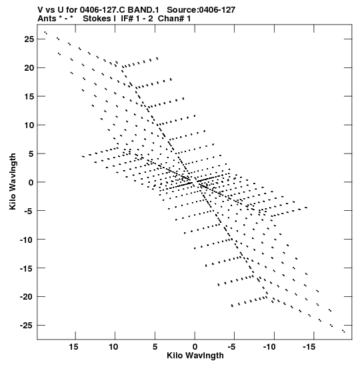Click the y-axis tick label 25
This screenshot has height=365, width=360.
click(29, 39)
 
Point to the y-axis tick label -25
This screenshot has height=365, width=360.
click(27, 326)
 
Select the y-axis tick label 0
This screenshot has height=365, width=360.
click(31, 182)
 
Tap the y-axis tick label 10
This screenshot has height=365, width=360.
click(29, 125)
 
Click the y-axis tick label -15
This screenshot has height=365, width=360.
click(27, 268)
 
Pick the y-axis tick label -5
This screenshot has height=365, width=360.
click(29, 211)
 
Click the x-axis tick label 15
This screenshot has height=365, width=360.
click(74, 347)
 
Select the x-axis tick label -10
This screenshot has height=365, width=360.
click(269, 347)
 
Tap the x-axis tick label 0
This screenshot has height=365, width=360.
click(195, 347)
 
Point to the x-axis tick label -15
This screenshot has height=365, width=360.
click(309, 347)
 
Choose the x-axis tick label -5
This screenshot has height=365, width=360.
click(231, 347)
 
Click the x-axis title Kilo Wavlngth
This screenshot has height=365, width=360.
click(195, 356)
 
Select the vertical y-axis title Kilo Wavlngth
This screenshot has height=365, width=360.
click(13, 181)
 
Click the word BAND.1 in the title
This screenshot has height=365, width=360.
click(143, 10)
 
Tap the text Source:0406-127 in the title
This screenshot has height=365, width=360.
click(201, 10)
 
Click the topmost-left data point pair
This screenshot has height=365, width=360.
click(46, 33)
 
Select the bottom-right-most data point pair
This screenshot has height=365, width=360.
click(343, 331)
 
